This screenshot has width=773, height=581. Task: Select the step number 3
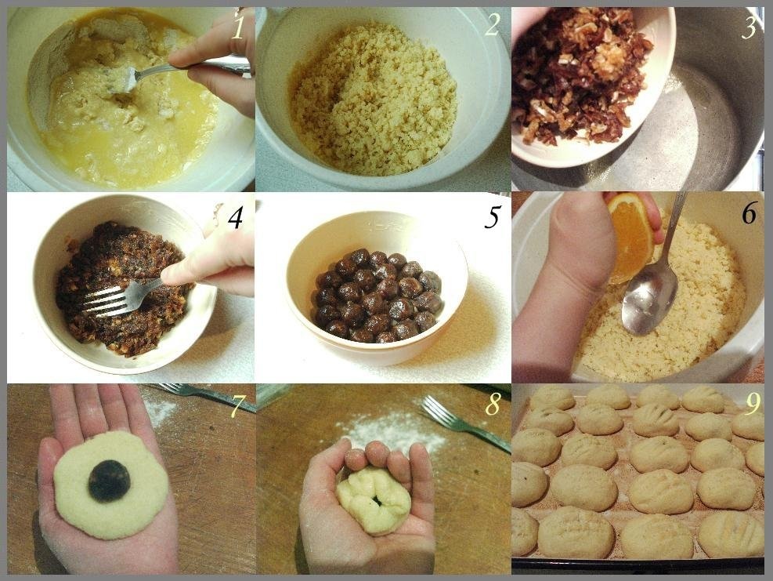point(749,27)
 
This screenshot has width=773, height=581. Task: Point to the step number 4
point(235,217)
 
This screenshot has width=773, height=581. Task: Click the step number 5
point(492,217)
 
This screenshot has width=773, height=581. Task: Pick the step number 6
point(750,213)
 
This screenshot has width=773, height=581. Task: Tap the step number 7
point(237,406)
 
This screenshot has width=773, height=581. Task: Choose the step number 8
point(492,405)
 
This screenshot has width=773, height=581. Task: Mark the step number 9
point(753,405)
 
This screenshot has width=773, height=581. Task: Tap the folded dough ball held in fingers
point(374,499)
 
